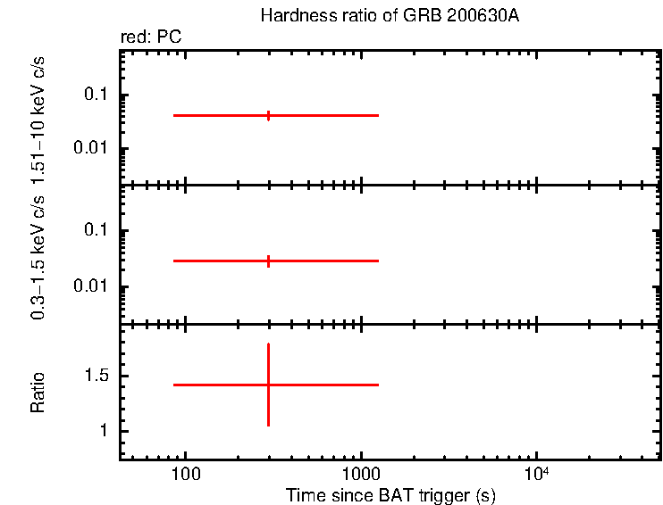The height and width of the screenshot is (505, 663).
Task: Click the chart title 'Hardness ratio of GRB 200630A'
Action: (389, 15)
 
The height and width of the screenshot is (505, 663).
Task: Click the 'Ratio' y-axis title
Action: (38, 393)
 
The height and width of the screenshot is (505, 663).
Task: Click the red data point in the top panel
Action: (268, 115)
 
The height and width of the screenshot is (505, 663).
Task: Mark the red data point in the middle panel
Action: (268, 261)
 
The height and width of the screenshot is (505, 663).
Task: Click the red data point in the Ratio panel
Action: (268, 385)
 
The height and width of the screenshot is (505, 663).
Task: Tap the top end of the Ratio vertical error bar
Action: (268, 344)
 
